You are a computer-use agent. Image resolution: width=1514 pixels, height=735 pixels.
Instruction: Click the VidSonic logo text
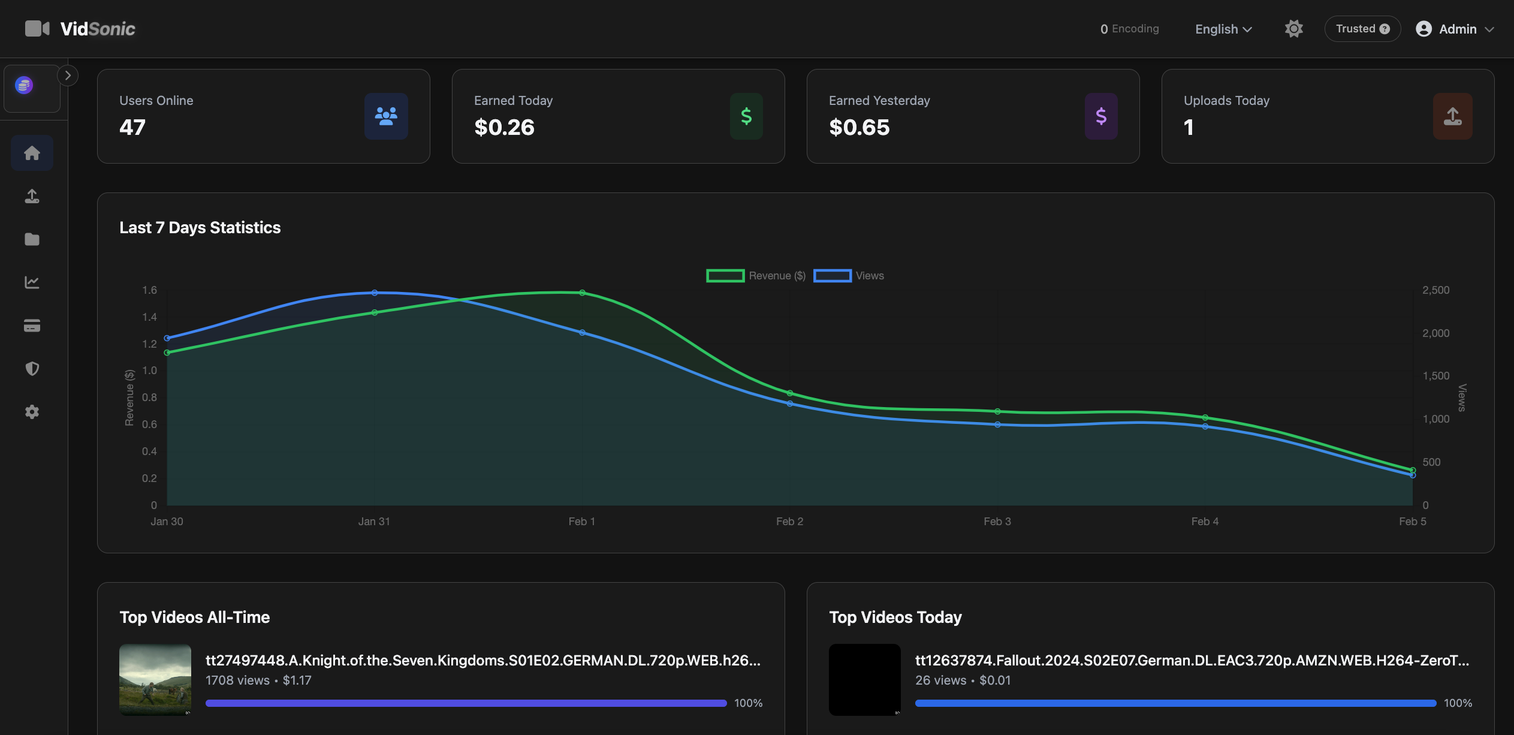(98, 29)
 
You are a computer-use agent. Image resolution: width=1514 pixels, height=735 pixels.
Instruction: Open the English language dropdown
(1223, 29)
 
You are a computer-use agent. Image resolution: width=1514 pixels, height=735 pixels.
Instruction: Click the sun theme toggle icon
(1293, 29)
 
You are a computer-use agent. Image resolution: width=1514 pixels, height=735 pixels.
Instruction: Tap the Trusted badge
(1362, 29)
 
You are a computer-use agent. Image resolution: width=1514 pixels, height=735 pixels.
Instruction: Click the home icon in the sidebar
(32, 153)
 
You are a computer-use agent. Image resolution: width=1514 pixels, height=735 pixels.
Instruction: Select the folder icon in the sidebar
(32, 239)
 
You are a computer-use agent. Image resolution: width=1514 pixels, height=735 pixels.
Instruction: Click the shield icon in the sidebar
(32, 369)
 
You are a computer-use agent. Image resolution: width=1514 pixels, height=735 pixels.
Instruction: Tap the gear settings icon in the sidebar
(32, 412)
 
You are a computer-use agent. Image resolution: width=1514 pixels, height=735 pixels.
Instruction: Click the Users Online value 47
(132, 127)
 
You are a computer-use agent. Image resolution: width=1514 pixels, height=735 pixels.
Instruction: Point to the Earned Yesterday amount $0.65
(859, 127)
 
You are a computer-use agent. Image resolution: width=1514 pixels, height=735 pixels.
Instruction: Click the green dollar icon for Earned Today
(746, 116)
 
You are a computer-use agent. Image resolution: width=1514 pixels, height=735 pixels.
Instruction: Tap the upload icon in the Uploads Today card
(1452, 116)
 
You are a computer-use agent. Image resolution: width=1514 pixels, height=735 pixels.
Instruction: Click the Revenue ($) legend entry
(756, 276)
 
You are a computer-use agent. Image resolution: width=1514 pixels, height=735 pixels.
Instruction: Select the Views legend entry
(849, 276)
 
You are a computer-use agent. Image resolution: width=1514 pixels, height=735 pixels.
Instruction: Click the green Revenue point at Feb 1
(582, 293)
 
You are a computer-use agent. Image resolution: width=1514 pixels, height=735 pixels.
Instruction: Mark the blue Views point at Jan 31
(375, 293)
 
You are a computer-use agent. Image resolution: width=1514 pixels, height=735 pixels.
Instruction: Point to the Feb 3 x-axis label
(997, 522)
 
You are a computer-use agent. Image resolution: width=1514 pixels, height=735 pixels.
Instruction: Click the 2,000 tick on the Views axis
(1435, 333)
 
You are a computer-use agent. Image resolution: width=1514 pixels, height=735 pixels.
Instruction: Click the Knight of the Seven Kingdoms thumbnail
(155, 680)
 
